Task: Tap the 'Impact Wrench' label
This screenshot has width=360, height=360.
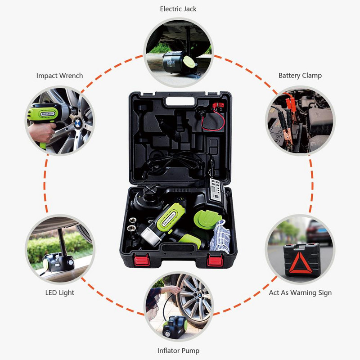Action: (x=59, y=76)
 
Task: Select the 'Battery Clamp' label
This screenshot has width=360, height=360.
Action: (x=300, y=76)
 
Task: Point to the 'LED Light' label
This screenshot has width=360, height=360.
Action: (x=59, y=292)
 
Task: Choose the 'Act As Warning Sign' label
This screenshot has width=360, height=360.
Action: (x=300, y=292)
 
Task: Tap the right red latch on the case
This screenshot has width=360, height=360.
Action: (x=216, y=260)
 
